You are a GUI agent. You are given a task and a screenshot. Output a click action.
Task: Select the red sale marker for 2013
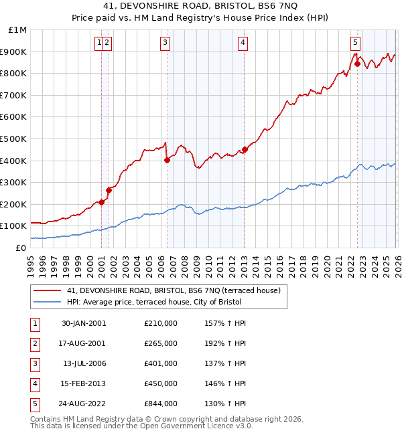[x=245, y=150]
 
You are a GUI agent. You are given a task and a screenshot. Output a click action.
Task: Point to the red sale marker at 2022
[x=357, y=64]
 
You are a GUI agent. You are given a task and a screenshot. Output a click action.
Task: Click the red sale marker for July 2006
[x=167, y=160]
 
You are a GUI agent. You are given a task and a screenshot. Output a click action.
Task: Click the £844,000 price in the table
[x=161, y=404]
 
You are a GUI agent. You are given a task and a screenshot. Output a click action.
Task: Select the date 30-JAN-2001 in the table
[x=83, y=323]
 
